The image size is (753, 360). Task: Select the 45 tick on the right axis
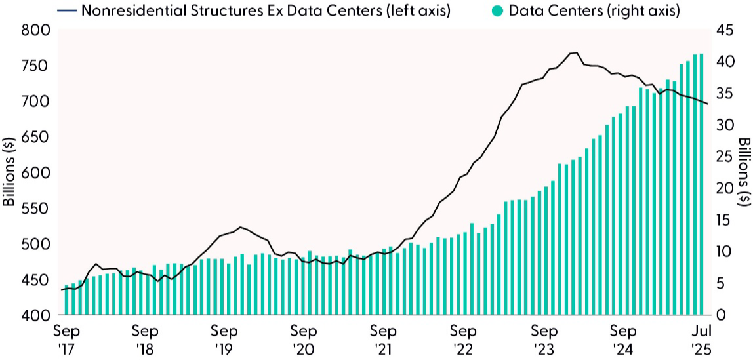click(x=722, y=31)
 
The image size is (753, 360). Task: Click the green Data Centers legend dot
click(x=497, y=11)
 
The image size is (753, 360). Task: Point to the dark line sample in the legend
click(x=67, y=11)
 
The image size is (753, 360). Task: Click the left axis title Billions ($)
click(x=9, y=172)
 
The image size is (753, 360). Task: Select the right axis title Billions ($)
click(x=744, y=172)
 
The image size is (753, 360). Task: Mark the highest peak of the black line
click(x=575, y=52)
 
